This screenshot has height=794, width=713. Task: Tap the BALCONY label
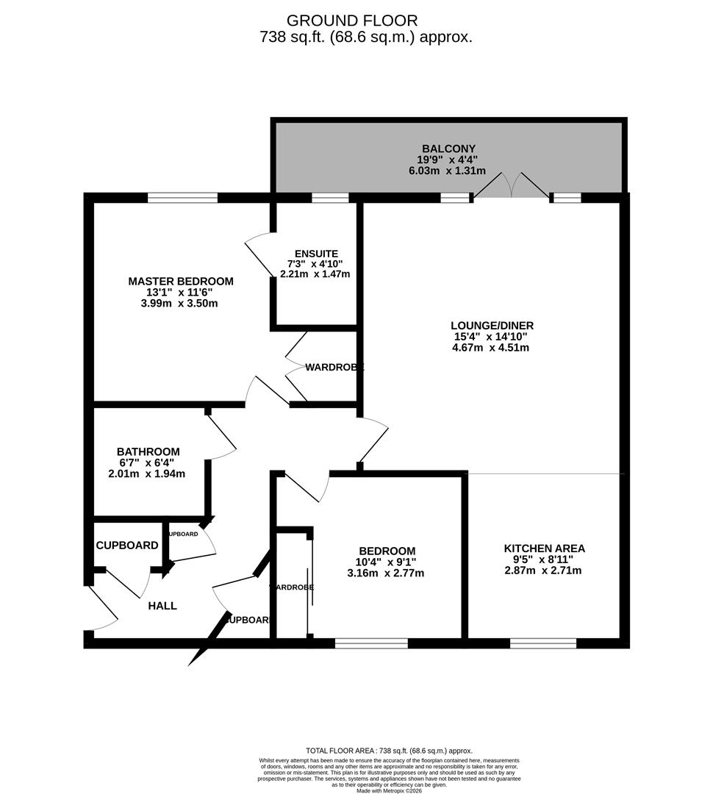[x=448, y=149]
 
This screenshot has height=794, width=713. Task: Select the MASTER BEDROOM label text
[x=181, y=281]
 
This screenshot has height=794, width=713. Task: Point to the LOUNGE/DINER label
[x=492, y=326]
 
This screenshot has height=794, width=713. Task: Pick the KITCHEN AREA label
[x=544, y=548]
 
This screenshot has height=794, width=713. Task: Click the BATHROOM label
[x=148, y=451]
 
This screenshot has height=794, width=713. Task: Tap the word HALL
[x=162, y=606]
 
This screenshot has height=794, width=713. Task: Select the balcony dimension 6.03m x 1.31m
[x=448, y=171]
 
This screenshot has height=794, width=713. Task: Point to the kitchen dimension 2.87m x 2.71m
[x=544, y=571]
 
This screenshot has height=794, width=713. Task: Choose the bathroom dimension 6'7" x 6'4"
[x=148, y=462]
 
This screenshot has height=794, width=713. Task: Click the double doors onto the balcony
[x=511, y=187]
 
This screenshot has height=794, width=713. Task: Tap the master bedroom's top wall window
[x=182, y=197]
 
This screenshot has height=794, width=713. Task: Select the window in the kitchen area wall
[x=543, y=643]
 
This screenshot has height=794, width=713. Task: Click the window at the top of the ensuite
[x=330, y=197]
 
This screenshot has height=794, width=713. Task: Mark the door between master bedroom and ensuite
[x=257, y=253]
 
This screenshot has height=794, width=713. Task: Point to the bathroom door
[x=221, y=438]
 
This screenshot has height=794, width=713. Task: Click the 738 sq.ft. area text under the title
[x=365, y=37]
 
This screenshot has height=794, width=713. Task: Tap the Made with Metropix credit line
[x=390, y=790]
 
